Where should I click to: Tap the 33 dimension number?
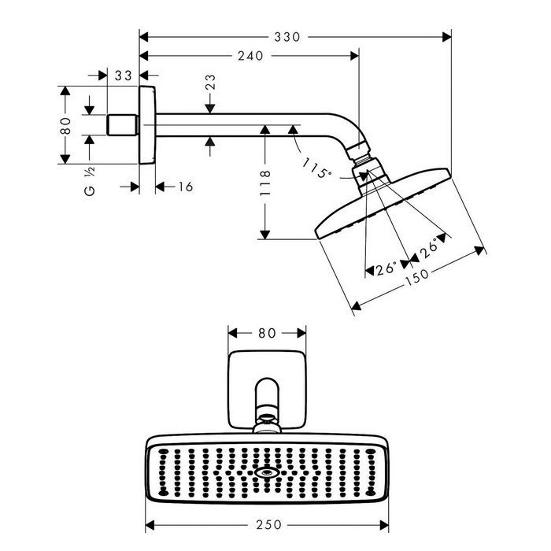click(121, 76)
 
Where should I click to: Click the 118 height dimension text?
click(267, 183)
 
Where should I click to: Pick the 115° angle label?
click(317, 168)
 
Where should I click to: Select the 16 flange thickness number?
click(185, 187)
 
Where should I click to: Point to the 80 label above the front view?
click(266, 332)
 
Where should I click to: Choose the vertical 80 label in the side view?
click(67, 126)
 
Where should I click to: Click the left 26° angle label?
click(386, 268)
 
